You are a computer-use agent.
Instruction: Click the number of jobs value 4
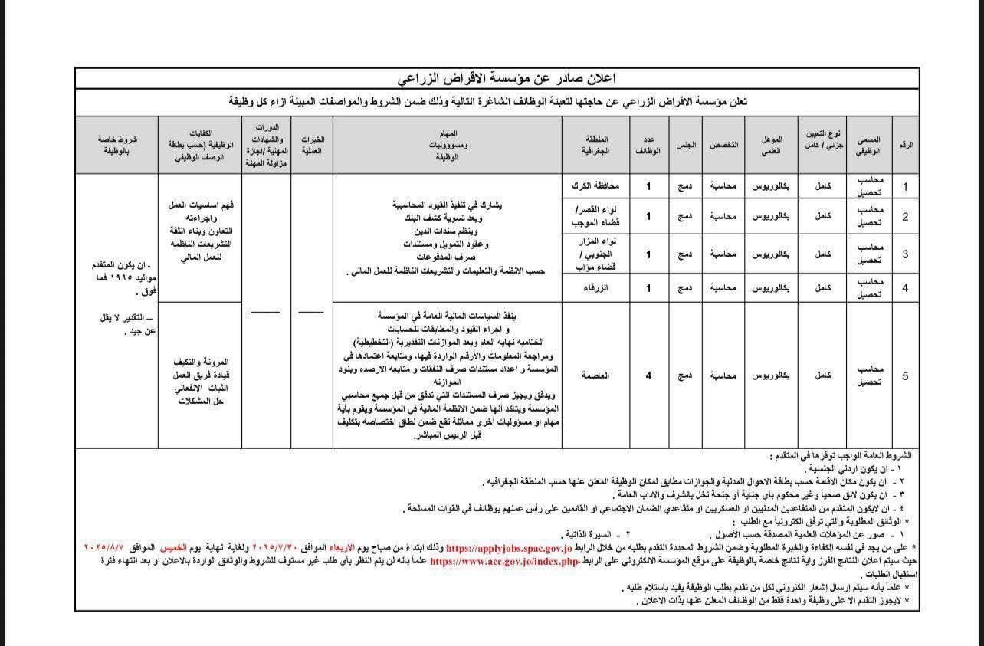(x=648, y=375)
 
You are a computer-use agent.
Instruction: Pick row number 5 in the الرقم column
(x=905, y=375)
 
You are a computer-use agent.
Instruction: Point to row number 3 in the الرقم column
(x=905, y=254)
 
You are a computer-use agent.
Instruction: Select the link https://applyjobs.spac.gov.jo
(x=509, y=549)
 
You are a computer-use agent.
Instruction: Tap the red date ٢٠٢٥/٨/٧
(x=109, y=549)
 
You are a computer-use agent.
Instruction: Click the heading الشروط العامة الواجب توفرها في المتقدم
(x=844, y=455)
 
